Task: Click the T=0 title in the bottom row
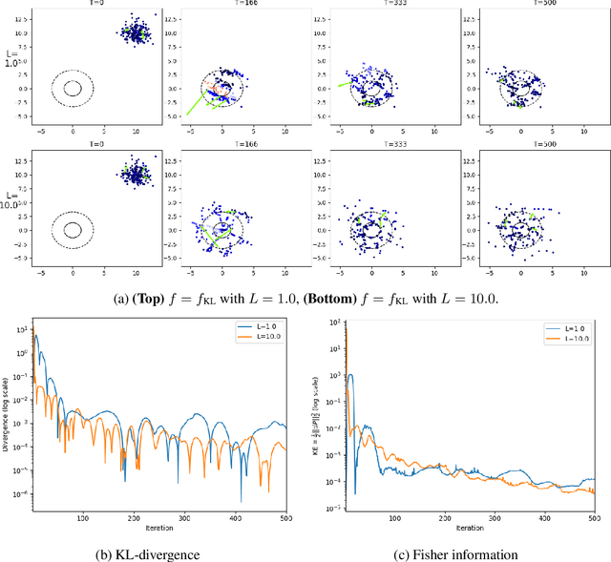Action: pos(74,145)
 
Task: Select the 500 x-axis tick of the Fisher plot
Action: pos(592,517)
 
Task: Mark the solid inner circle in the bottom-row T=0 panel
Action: pos(73,230)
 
